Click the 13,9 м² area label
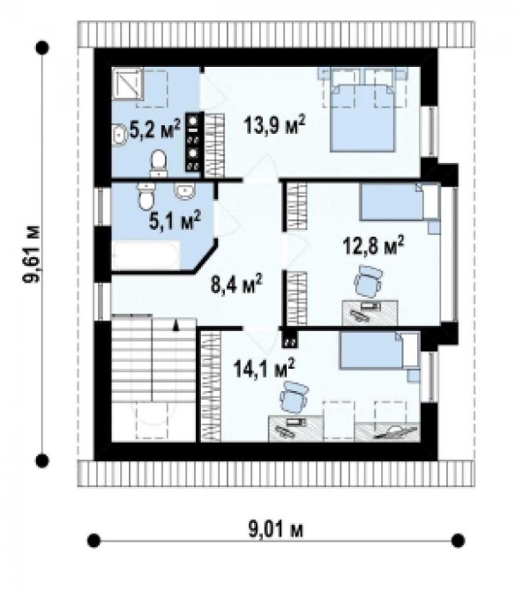[x=274, y=124]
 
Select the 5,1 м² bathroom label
[x=175, y=220]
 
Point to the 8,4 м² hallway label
[x=236, y=284]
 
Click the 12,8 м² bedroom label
[x=373, y=246]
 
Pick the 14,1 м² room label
[x=264, y=367]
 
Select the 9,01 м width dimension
[x=276, y=530]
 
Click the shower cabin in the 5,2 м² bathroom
[x=128, y=84]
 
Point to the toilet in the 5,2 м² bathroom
[x=158, y=163]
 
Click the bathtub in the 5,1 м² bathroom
[x=146, y=255]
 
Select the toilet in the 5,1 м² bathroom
[x=146, y=195]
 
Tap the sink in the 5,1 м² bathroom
[x=184, y=191]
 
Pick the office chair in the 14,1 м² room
[x=294, y=397]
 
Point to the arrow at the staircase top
[x=175, y=325]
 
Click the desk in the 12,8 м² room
[x=370, y=313]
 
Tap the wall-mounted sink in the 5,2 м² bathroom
[x=120, y=135]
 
